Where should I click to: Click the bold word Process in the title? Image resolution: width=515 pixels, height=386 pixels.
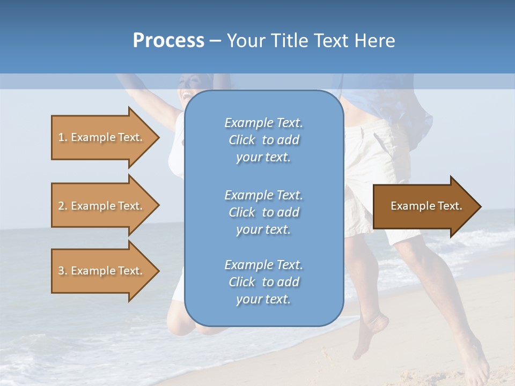pos(168,41)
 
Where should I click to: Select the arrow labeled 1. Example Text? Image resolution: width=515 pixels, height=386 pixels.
pos(102,137)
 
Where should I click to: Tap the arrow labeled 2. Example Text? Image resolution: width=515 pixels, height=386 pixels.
pos(102,206)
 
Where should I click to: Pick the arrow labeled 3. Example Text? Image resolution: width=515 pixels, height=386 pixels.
pos(102,271)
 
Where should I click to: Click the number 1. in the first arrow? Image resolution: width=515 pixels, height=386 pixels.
pos(63,137)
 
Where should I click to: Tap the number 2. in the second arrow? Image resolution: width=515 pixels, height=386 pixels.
pos(63,206)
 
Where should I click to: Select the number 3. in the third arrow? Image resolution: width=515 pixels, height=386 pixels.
pos(63,271)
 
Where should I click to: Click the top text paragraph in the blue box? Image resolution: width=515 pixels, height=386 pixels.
pos(263,140)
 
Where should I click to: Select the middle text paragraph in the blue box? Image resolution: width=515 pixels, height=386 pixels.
pos(263,212)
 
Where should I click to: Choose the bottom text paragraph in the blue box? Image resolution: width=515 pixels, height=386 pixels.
pos(263,282)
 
